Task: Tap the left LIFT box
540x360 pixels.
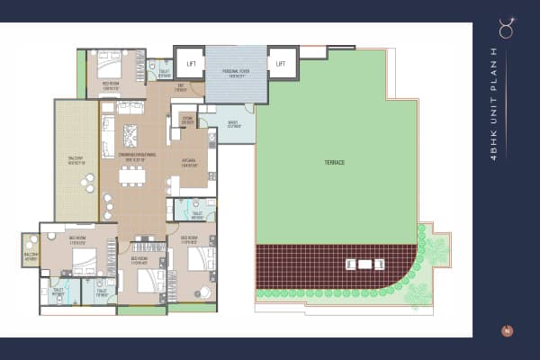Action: (191, 63)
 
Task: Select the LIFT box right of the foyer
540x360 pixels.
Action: (281, 63)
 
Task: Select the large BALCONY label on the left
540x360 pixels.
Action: (76, 162)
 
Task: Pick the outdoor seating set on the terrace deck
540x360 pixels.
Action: (364, 264)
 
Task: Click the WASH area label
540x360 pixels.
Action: (233, 125)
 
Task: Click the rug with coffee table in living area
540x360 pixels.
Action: (130, 136)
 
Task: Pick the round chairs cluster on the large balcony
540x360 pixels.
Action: (87, 184)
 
